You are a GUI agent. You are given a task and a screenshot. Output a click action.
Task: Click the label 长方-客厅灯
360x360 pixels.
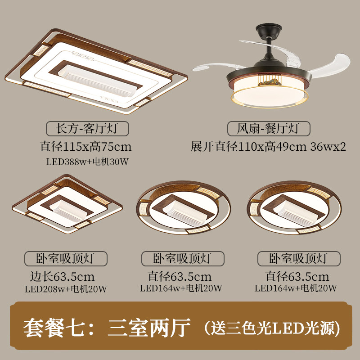(x=87, y=128)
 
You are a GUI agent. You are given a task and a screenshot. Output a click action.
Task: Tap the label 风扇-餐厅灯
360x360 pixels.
(x=269, y=128)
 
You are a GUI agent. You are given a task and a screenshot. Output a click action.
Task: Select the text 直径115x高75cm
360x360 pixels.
(x=85, y=147)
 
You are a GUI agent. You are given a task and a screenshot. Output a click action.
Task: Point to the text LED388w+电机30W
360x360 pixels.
(x=87, y=162)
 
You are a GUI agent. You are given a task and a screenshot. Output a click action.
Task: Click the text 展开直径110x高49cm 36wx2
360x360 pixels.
(x=268, y=147)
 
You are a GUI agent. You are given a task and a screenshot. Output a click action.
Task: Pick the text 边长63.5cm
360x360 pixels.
(x=62, y=276)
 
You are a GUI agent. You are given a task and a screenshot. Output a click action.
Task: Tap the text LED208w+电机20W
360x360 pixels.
(x=66, y=289)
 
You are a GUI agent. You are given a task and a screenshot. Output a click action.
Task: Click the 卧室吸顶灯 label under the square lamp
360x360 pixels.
(x=66, y=258)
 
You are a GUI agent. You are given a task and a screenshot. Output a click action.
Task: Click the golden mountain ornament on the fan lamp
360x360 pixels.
(x=270, y=82)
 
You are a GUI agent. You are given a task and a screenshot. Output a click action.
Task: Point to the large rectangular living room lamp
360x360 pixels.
(x=96, y=71)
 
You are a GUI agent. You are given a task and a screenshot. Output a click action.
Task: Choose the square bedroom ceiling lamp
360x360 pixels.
(x=67, y=204)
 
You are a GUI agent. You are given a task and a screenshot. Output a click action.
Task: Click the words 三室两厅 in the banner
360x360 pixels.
(x=149, y=328)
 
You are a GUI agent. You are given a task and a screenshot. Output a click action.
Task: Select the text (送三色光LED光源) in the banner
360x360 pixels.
(x=272, y=328)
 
